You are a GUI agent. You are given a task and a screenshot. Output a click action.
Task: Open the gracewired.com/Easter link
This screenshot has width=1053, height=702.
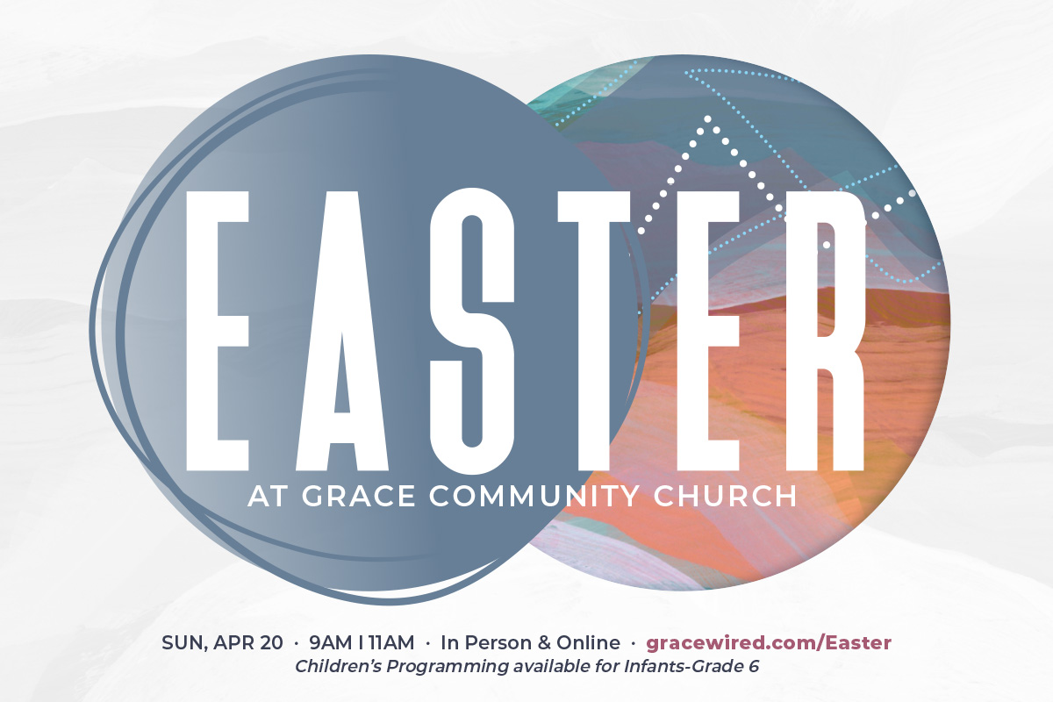click(769, 642)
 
